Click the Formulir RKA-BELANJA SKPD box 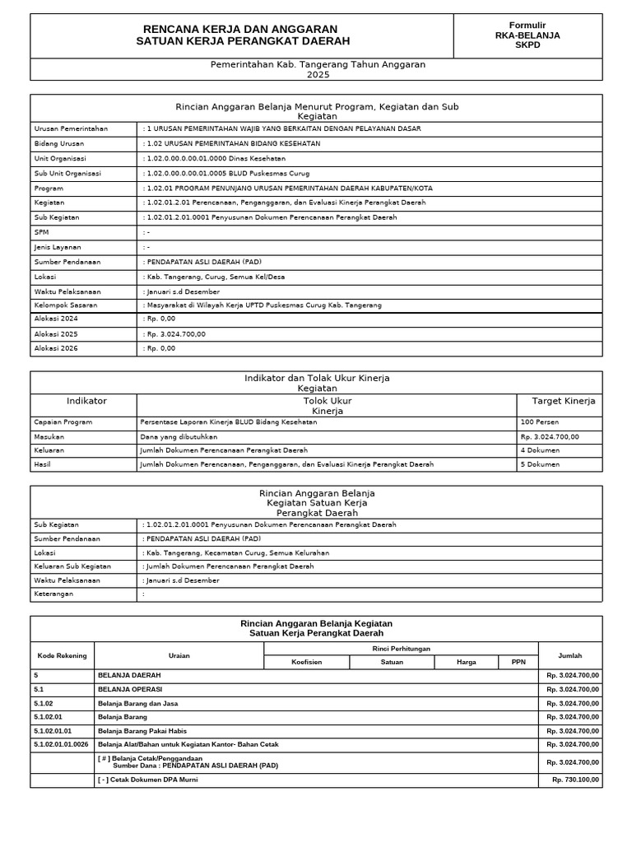coord(527,35)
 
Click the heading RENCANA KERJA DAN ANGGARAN coord(239,29)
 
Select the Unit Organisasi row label coord(61,158)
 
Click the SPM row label coord(42,232)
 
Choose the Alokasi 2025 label coord(56,333)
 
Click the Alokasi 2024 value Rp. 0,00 coord(160,319)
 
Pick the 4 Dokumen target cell coord(540,450)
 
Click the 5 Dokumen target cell coord(540,464)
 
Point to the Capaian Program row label coord(63,421)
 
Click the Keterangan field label coord(53,593)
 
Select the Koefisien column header coord(306,662)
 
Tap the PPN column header coord(518,662)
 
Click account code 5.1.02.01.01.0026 coord(61,744)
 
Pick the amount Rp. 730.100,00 coord(575,779)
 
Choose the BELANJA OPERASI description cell coord(130,689)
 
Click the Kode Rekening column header coord(62,655)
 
